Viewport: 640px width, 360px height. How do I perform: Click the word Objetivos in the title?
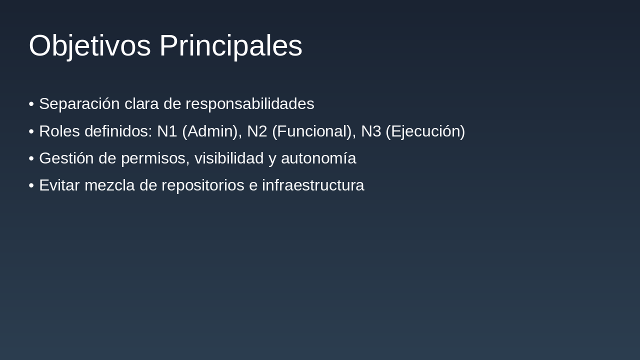(89, 46)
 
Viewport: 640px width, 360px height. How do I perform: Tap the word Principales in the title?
(230, 46)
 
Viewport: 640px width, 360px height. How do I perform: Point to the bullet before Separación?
(31, 104)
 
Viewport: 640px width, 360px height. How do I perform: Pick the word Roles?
(59, 131)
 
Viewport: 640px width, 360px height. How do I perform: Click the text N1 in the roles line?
(167, 131)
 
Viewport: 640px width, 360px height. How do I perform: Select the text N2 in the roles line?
(257, 131)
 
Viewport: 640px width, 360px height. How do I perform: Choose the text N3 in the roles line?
(371, 131)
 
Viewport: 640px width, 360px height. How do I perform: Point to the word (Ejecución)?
(425, 131)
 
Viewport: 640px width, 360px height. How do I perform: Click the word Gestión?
(66, 158)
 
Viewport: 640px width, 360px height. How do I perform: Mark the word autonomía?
(318, 158)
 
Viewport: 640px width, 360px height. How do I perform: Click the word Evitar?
(59, 185)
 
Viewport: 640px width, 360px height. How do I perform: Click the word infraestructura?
(313, 185)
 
